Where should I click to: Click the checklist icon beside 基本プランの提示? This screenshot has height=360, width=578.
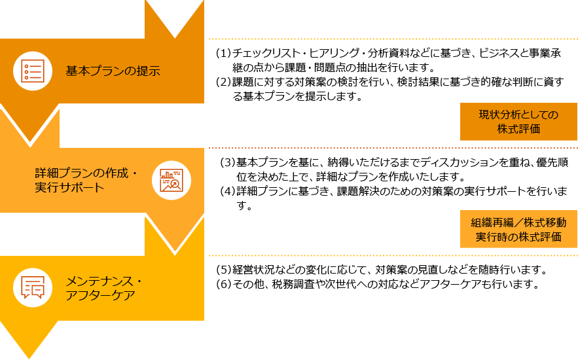point(33,71)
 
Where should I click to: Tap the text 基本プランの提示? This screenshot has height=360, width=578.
point(113,71)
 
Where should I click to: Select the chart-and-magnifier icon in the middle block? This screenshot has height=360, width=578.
point(172,180)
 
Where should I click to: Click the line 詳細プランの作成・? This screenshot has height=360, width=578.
point(86,173)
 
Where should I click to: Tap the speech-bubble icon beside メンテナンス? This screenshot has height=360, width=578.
point(33,287)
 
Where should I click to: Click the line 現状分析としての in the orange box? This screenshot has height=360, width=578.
point(518,115)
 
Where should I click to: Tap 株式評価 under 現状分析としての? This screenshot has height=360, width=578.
point(518,129)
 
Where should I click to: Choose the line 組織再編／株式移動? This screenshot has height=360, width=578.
point(518,223)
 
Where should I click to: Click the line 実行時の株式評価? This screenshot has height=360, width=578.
point(518,237)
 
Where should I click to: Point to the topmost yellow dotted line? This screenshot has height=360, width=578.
point(393,39)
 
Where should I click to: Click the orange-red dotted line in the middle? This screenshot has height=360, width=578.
point(393,148)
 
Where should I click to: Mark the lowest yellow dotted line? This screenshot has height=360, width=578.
point(393,255)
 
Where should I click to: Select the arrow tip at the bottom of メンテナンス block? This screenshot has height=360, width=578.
point(29,352)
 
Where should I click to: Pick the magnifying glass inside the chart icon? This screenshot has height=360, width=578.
point(175,184)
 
